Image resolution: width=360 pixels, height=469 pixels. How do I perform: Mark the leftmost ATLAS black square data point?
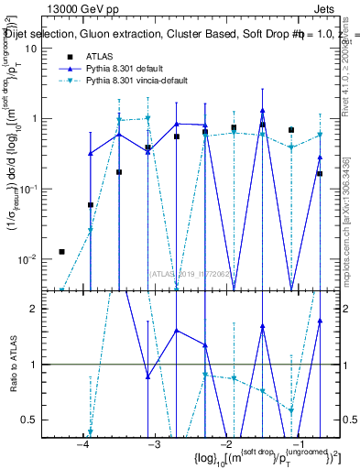61,251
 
